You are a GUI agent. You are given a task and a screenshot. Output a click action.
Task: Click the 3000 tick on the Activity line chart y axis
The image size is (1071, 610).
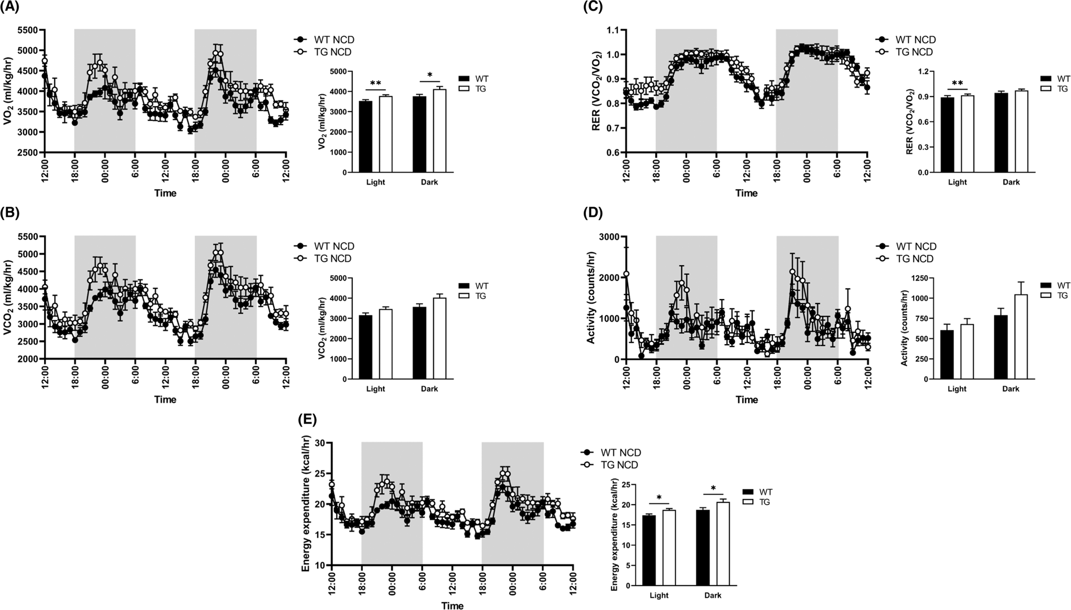pos(608,236)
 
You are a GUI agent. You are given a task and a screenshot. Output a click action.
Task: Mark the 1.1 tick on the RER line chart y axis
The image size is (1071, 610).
pos(612,30)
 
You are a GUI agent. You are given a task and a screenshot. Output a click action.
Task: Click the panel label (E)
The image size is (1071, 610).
pos(306,420)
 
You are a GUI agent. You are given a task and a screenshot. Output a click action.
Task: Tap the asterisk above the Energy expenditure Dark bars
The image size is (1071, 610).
pos(713,488)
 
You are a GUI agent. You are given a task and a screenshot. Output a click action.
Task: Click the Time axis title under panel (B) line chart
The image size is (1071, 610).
pos(165,400)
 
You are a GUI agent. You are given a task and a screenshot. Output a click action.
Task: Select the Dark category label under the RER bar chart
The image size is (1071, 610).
pos(1011,182)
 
